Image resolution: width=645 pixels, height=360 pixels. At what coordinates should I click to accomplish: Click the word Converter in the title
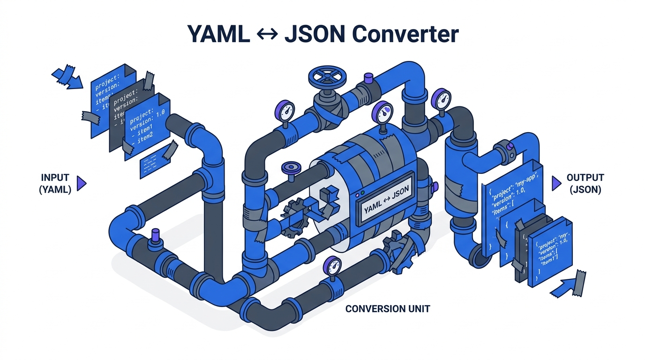[x=404, y=34]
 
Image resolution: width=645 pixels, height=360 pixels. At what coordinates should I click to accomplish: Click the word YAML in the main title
[x=218, y=34]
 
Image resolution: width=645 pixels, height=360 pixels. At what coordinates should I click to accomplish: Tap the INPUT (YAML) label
[x=55, y=184]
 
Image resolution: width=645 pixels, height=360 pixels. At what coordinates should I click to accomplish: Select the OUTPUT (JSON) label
[x=585, y=184]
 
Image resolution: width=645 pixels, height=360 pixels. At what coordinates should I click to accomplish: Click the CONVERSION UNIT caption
[x=388, y=309]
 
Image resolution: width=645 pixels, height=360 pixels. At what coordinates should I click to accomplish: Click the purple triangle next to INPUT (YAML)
[x=81, y=184]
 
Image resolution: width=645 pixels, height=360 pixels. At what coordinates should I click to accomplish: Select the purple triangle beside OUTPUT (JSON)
[x=556, y=183]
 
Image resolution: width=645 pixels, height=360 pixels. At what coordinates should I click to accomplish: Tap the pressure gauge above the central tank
[x=384, y=112]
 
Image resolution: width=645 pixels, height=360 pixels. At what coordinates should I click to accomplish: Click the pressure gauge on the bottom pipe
[x=333, y=267]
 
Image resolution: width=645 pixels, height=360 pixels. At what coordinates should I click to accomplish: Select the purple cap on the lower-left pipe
[x=155, y=234]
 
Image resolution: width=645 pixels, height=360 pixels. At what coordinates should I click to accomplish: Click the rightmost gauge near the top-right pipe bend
[x=441, y=98]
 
